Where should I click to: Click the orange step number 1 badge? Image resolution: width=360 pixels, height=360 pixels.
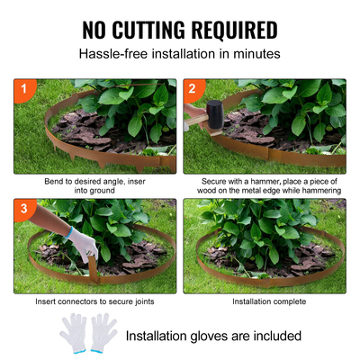click(x=22, y=90)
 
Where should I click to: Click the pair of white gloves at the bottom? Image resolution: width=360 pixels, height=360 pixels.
click(x=89, y=333)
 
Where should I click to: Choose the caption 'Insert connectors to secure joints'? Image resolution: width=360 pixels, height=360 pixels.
click(x=95, y=301)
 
